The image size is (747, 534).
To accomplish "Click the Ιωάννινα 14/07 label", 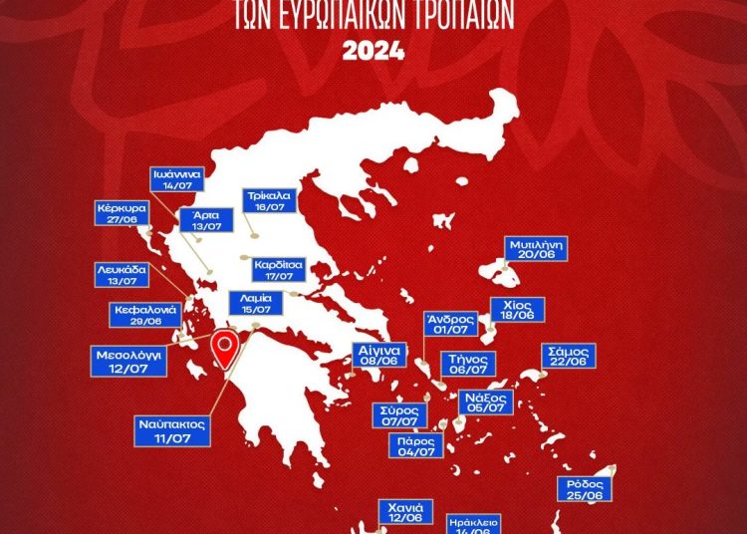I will tap(177, 179).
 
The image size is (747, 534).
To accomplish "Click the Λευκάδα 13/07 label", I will tap(123, 275).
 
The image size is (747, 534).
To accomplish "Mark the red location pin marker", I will tap(227, 350).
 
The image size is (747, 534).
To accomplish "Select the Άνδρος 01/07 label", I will tap(447, 324).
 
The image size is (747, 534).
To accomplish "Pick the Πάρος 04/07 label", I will tap(416, 445).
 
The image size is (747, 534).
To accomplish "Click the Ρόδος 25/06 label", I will tap(584, 489).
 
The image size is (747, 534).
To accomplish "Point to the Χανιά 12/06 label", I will tap(404, 512).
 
